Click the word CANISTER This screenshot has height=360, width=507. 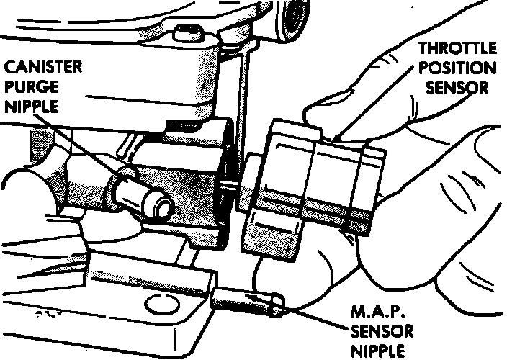pos(42,69)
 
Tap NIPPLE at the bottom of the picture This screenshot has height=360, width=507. pos(377,351)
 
